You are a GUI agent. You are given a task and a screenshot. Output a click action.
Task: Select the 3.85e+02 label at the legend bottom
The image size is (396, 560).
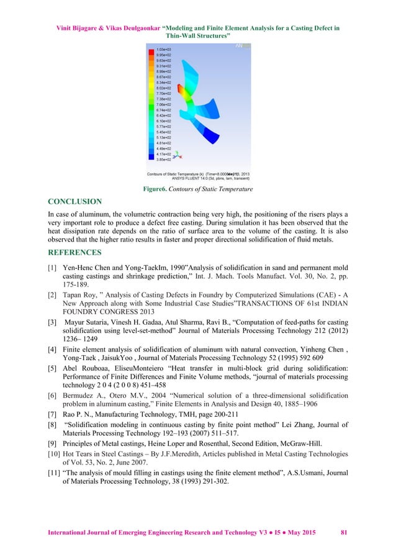[163, 160]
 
